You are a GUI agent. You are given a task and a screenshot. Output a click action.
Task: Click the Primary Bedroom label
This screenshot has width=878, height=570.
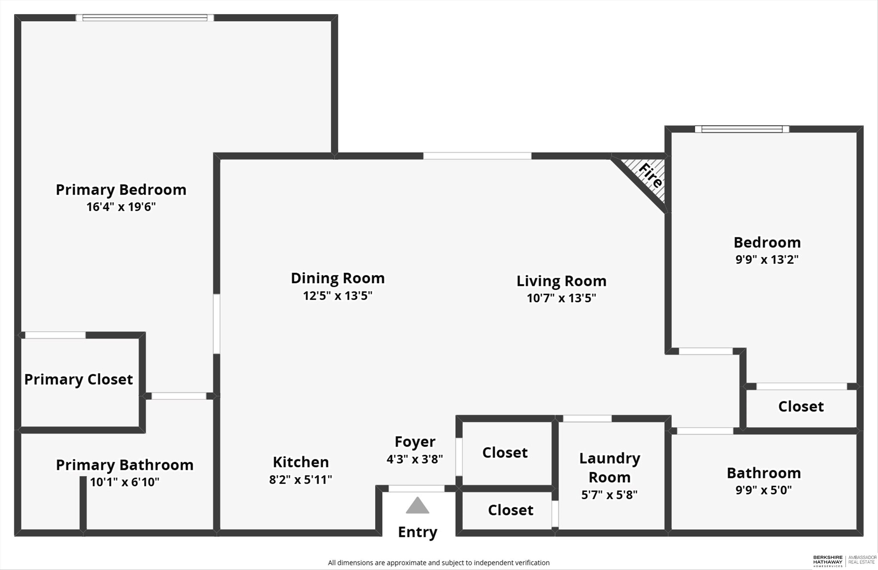[x=121, y=190]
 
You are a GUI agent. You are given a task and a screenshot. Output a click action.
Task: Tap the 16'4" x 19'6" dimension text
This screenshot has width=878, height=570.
[x=121, y=207]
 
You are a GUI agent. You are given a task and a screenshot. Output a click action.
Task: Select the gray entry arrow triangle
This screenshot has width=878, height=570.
[x=417, y=506]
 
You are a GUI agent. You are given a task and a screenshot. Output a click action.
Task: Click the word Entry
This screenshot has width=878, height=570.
[x=418, y=532]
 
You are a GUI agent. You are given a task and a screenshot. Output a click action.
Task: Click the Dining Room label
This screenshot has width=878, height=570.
[x=338, y=278]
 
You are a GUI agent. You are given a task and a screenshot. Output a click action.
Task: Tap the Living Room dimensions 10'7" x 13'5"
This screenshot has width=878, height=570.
[x=561, y=298]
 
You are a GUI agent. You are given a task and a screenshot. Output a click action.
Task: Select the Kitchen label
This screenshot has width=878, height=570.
[x=301, y=462]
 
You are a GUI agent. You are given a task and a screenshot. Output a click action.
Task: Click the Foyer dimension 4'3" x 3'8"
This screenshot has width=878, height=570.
[x=415, y=459]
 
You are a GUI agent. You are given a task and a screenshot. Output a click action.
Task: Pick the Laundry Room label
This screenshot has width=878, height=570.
[x=609, y=467]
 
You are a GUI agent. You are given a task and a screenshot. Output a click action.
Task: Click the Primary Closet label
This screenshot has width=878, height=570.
[x=79, y=380]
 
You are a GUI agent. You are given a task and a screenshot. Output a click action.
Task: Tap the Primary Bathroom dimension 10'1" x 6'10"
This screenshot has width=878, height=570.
[x=125, y=482]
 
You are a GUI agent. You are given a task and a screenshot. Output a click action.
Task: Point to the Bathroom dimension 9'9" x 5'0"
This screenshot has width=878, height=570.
[x=764, y=490]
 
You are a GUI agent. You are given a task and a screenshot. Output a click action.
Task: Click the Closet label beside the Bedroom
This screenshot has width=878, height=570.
[x=801, y=406]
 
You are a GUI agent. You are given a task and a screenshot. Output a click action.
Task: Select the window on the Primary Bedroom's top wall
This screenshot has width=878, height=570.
[x=145, y=18]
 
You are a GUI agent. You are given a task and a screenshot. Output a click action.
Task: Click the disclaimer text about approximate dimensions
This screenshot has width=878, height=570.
[x=439, y=563]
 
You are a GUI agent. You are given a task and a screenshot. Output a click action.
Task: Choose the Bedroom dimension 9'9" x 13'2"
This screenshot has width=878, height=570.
[x=767, y=259]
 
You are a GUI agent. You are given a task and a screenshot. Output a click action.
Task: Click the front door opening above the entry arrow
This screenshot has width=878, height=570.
[x=416, y=489]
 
